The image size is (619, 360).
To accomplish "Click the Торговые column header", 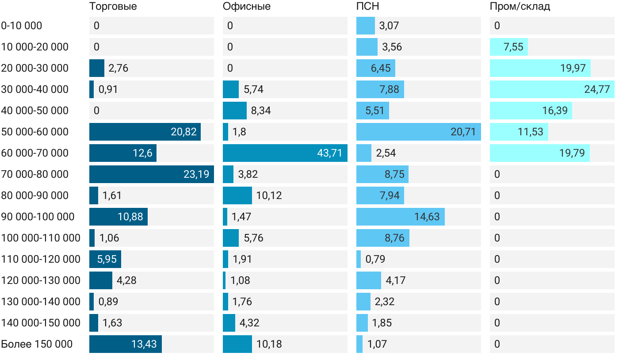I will click(x=113, y=7).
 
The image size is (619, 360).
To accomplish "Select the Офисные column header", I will click(x=247, y=7).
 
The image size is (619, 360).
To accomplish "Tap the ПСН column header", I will click(x=368, y=7).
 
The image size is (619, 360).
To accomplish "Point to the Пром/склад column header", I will click(x=520, y=7).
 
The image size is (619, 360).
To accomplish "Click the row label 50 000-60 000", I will click(x=35, y=132).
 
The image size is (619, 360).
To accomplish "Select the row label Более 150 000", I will click(x=37, y=344).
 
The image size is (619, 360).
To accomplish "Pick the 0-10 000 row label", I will click(x=22, y=26).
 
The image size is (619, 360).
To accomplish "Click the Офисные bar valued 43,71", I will click(x=285, y=153).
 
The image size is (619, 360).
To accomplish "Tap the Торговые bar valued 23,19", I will click(x=151, y=174).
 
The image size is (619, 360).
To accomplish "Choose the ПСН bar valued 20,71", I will click(x=418, y=132).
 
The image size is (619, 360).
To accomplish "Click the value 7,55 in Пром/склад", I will click(x=513, y=47).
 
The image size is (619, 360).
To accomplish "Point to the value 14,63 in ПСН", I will click(x=427, y=217).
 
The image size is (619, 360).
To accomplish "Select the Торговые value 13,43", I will click(x=144, y=344).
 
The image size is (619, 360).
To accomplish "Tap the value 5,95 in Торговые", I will click(x=107, y=259).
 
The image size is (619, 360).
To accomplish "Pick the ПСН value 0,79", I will click(x=375, y=259).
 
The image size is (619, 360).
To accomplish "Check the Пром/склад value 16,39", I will click(x=555, y=111).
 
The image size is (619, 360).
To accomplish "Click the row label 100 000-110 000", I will click(x=41, y=238).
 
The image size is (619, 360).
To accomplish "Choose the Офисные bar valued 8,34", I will click(x=235, y=111).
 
